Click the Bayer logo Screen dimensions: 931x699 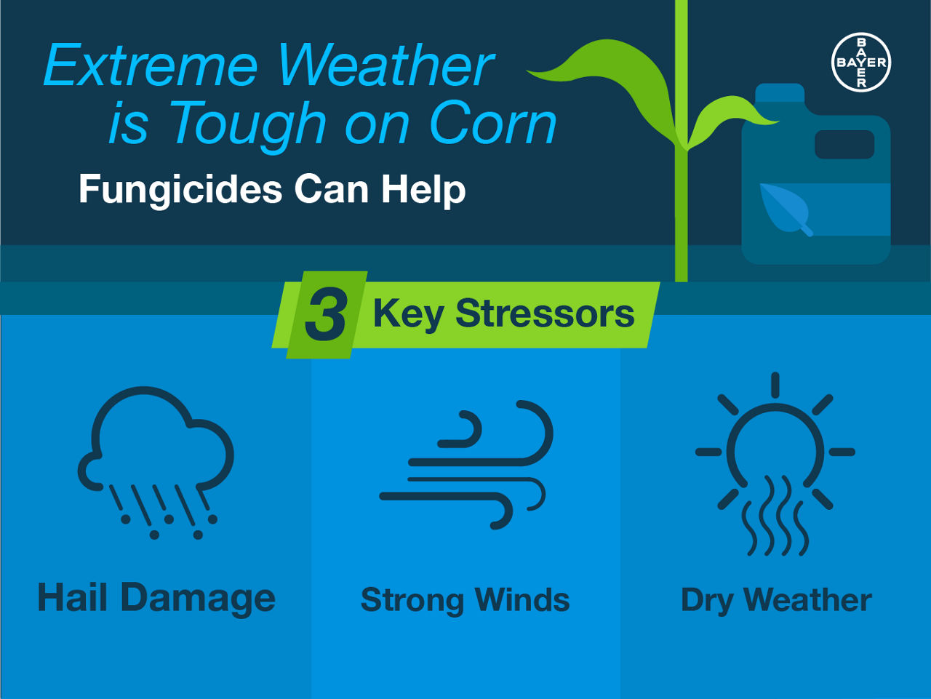(x=861, y=63)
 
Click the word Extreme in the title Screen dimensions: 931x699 (x=151, y=65)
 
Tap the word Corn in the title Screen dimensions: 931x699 (x=493, y=122)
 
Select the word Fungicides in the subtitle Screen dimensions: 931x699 (x=180, y=190)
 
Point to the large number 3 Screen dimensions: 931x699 (x=326, y=314)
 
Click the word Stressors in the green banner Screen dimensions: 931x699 (x=545, y=314)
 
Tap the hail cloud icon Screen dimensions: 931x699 (x=156, y=463)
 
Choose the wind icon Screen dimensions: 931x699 (x=466, y=465)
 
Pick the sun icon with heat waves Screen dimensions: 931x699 (x=775, y=464)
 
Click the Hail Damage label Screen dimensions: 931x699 (x=156, y=599)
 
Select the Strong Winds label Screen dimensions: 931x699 (x=465, y=600)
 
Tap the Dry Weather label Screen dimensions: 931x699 (x=776, y=600)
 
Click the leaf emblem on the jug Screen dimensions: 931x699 (x=785, y=209)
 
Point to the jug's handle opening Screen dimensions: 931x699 (x=844, y=145)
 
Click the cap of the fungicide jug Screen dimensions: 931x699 (x=780, y=93)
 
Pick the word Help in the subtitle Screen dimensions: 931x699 (x=423, y=190)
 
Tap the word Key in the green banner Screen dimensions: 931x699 (x=409, y=315)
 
